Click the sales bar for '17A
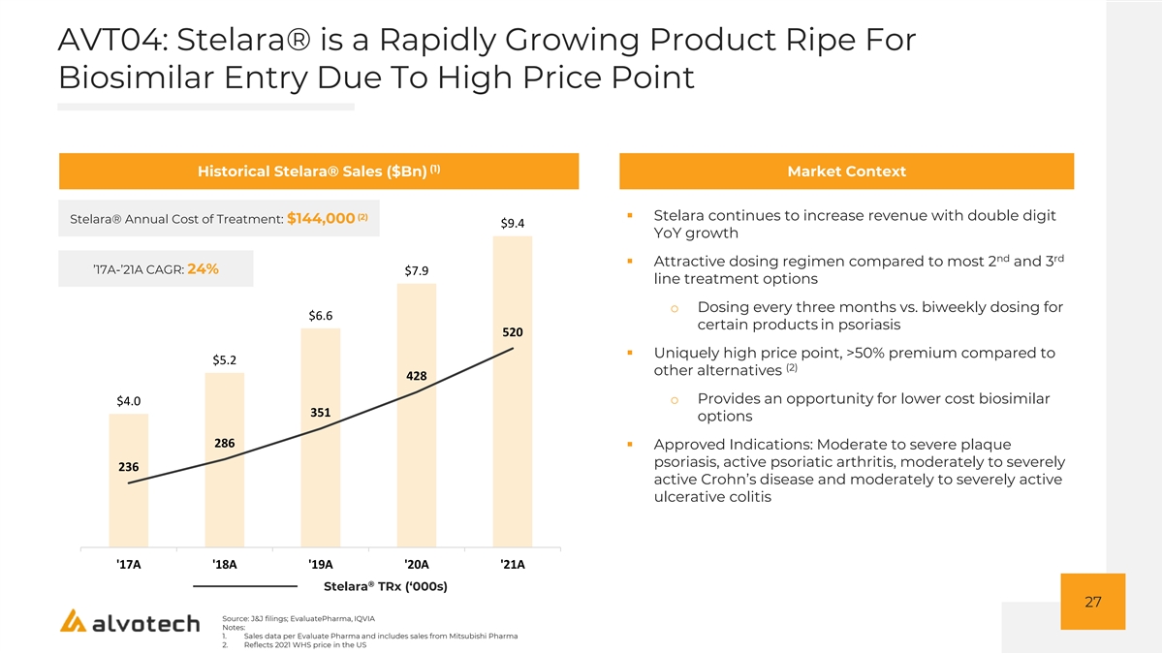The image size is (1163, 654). tap(128, 481)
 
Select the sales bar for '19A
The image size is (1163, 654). tap(321, 438)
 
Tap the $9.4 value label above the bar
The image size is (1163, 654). tap(513, 223)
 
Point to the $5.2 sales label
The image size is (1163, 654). tap(224, 359)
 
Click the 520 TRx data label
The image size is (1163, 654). tap(513, 332)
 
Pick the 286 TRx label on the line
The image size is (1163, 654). tap(224, 444)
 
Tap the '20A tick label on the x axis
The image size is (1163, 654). tap(417, 564)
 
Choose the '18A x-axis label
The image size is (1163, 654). tap(224, 564)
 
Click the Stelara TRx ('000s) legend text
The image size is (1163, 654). tap(386, 586)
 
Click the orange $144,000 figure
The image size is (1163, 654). tap(321, 219)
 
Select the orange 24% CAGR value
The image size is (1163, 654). tap(203, 269)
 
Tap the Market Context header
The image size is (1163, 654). tap(846, 171)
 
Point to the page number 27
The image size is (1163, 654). tap(1093, 602)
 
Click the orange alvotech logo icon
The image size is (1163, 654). tap(73, 621)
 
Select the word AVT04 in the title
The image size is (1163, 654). tap(110, 40)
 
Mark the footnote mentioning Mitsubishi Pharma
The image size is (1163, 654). tap(381, 636)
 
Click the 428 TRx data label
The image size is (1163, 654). tap(417, 376)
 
